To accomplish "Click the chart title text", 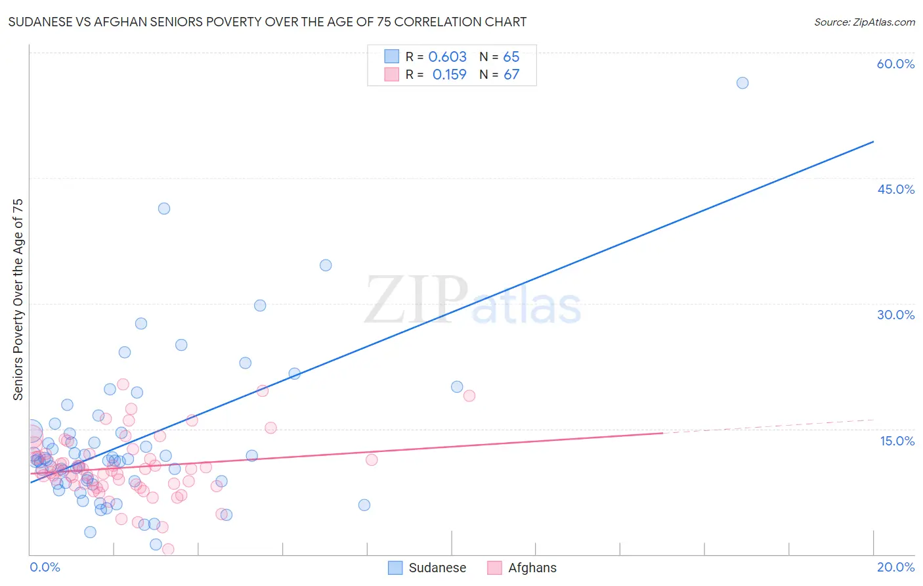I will point(267,22).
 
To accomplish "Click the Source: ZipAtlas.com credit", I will point(864,22).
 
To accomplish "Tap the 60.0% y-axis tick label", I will point(895,64).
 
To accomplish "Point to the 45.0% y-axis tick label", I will point(895,189).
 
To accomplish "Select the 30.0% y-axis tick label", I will point(895,315).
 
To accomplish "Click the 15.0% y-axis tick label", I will point(897,441).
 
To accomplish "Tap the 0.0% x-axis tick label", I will point(45,567).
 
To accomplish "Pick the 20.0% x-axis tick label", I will point(895,567).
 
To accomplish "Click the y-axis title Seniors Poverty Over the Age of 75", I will point(18,300).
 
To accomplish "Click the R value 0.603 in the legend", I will point(447,57).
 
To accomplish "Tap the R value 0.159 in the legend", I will point(449,75).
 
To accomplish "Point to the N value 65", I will point(511,57).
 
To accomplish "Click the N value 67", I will point(511,75).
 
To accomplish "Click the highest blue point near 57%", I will point(742,83).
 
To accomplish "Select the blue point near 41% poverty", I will point(164,208).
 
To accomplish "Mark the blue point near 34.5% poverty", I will point(326,265).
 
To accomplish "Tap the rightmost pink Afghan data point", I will point(469,395).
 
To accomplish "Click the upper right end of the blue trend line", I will point(873,142).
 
